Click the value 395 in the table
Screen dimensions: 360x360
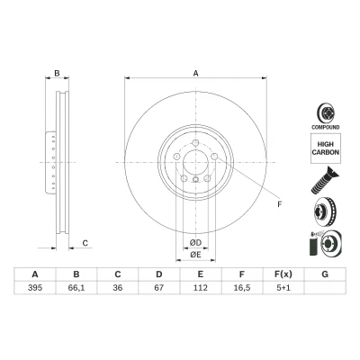35,288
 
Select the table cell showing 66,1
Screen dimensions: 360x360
76,288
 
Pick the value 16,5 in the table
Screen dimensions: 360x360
242,288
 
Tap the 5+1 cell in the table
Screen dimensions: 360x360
283,288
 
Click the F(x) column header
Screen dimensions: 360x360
283,274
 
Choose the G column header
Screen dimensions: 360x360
325,274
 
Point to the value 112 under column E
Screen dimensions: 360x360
201,288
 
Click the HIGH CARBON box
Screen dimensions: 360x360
326,148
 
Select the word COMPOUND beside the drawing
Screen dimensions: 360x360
326,127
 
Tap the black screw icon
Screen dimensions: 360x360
325,180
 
